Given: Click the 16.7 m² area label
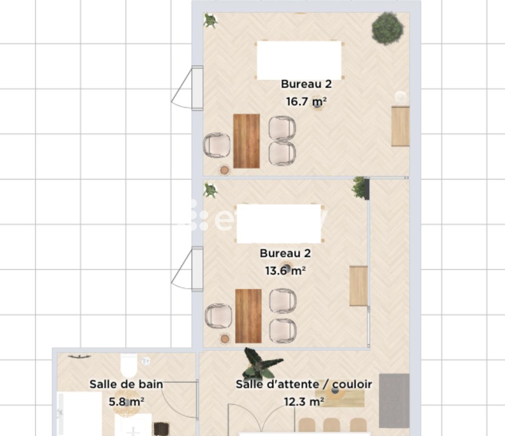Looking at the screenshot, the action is (306, 101).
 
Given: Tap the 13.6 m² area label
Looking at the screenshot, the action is (285, 271).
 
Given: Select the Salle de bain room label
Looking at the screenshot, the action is (126, 384).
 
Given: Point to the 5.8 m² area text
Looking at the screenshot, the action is (127, 402).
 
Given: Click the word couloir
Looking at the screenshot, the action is (352, 384).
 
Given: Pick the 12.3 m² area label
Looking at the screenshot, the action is (304, 402).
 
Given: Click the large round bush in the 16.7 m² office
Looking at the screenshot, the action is (387, 28).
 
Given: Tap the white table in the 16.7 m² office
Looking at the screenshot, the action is (299, 60).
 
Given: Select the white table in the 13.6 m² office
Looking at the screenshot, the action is (279, 224).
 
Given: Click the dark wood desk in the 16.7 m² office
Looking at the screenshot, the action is (246, 141).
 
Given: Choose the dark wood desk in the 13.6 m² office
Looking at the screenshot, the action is (248, 316).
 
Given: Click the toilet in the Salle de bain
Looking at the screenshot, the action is (129, 366).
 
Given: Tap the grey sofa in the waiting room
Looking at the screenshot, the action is (394, 401).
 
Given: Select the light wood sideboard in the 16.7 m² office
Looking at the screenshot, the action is (400, 126).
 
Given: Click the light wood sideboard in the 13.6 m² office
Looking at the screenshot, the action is (359, 286).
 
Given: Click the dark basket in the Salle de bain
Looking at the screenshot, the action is (161, 429).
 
